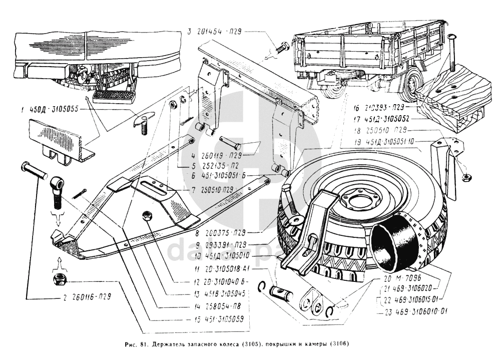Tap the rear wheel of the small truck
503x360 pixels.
click(x=412, y=85)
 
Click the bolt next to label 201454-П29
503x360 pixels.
click(x=281, y=49)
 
